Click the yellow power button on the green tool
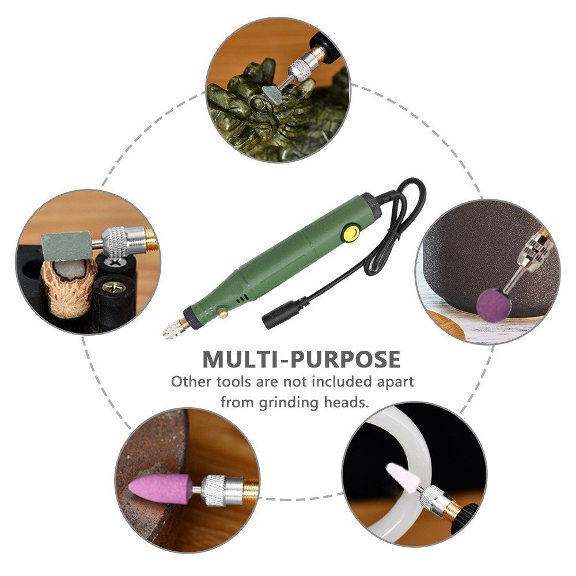[x=350, y=233]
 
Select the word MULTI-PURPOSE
[x=301, y=359]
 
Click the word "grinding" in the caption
[x=289, y=403]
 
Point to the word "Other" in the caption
[x=191, y=382]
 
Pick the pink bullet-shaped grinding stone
[x=160, y=488]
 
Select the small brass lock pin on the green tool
[x=222, y=313]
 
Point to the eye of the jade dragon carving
[x=260, y=104]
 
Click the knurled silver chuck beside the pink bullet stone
[x=222, y=490]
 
